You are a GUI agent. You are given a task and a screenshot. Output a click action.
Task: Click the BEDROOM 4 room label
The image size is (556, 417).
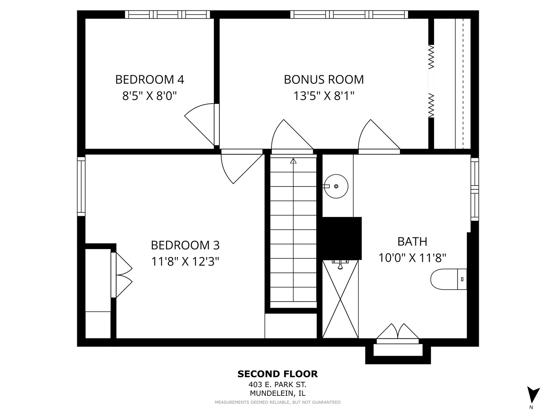pyautogui.click(x=149, y=80)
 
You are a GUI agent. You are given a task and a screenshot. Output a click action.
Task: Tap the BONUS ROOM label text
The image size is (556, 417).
pyautogui.click(x=324, y=80)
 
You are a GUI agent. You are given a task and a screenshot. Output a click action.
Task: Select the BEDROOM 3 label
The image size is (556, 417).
pyautogui.click(x=185, y=245)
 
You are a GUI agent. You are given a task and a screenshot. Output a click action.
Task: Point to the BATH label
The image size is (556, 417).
pyautogui.click(x=412, y=242)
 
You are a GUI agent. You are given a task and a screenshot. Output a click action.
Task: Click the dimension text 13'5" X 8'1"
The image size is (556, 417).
pyautogui.click(x=324, y=96)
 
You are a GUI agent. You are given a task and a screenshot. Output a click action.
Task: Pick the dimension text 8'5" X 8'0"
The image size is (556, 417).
pyautogui.click(x=149, y=96)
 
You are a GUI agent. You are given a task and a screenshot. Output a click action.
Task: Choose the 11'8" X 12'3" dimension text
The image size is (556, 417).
pyautogui.click(x=185, y=261)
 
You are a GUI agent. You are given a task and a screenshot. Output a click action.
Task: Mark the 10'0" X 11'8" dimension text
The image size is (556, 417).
pyautogui.click(x=412, y=258)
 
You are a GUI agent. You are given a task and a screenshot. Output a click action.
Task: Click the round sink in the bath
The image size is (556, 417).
pyautogui.click(x=336, y=186)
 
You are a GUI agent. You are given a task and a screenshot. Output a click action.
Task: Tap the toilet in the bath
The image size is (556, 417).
pyautogui.click(x=448, y=279)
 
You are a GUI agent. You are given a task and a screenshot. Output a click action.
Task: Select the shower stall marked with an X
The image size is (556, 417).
pyautogui.click(x=340, y=299)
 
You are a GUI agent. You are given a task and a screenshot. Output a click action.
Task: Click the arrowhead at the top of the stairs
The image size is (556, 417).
pyautogui.click(x=293, y=161)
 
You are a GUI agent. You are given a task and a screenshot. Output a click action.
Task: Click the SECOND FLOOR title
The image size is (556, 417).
pyautogui.click(x=277, y=374)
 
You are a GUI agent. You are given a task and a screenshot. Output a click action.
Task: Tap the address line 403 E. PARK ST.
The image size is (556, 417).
pyautogui.click(x=277, y=385)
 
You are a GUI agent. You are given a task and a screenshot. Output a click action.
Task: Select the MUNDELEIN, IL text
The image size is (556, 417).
pyautogui.click(x=278, y=393)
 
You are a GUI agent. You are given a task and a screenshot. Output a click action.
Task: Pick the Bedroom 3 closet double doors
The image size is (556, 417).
pyautogui.click(x=122, y=275)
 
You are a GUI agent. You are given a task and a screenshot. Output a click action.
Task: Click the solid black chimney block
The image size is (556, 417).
pyautogui.click(x=342, y=238)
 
